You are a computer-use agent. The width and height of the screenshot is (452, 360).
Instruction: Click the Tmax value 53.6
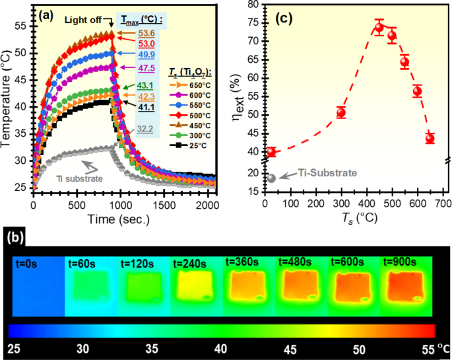point(146,32)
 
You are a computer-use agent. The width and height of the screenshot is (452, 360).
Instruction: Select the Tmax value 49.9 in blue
point(146,55)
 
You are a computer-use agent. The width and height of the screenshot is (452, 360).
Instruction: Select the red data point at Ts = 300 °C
point(341,112)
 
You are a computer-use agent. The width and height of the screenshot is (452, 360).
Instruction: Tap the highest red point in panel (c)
point(379,28)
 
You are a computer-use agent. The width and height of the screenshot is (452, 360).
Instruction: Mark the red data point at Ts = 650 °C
point(430,138)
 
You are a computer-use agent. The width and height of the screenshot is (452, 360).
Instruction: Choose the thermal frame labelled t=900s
point(405,291)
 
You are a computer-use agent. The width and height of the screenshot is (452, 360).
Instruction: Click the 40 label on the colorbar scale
point(220,349)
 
